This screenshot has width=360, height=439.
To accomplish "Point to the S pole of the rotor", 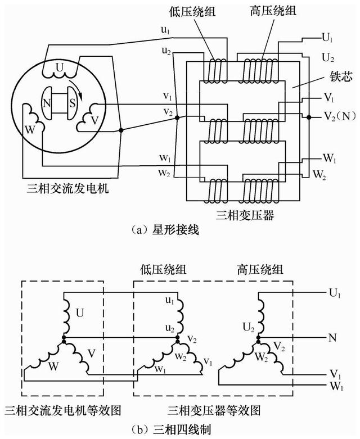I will [73, 105].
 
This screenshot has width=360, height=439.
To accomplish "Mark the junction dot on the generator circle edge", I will [121, 130].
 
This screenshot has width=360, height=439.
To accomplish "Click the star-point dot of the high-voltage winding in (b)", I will [258, 340].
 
